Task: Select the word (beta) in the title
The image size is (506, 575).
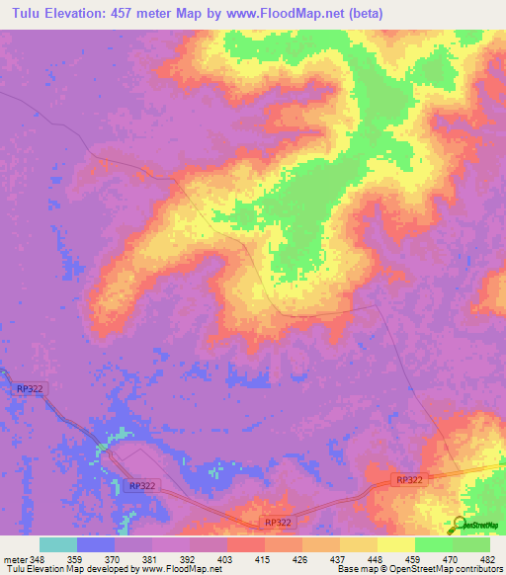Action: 362,14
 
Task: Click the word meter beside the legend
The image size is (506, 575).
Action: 15,559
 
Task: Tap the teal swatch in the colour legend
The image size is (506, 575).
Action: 57,544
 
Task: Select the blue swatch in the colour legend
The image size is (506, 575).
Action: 95,544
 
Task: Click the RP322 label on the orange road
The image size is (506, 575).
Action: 409,479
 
